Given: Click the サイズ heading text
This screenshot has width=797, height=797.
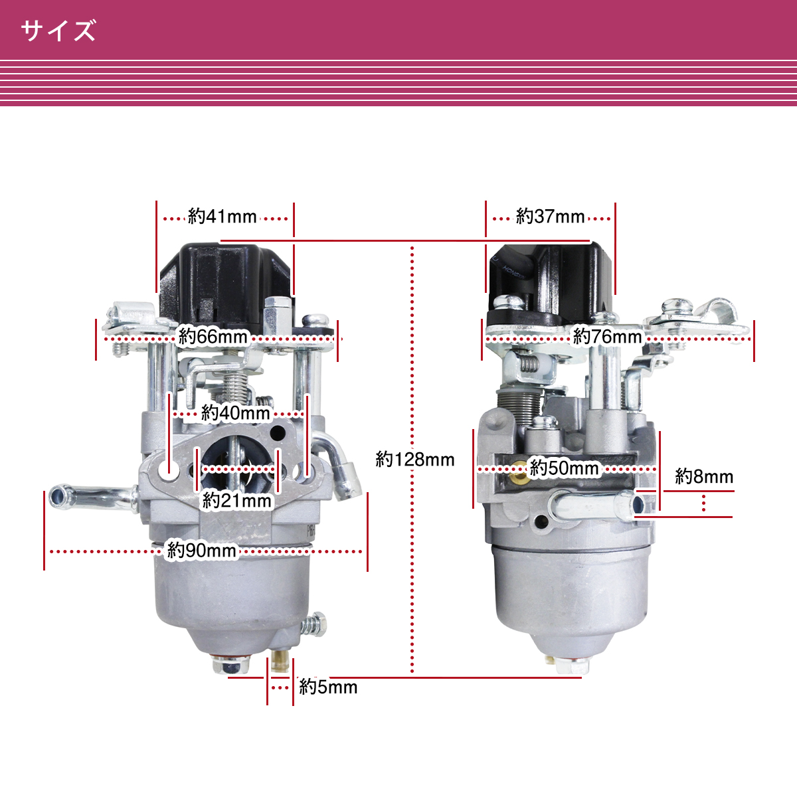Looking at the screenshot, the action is click(58, 30).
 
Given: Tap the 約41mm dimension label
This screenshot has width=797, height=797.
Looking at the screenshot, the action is click(222, 217).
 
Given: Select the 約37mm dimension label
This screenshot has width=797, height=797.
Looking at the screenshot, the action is click(550, 217).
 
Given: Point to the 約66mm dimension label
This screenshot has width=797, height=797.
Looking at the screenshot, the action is click(213, 336).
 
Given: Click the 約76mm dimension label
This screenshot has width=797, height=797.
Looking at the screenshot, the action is click(607, 336).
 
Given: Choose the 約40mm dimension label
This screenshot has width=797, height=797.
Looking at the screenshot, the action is click(235, 412).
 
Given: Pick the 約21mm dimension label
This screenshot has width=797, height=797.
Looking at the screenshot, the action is click(236, 501).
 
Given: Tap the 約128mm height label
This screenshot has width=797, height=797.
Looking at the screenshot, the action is click(415, 460).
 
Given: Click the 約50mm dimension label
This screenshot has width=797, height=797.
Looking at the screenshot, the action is click(564, 468).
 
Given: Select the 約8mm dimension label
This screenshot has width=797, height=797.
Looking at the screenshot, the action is click(704, 476).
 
